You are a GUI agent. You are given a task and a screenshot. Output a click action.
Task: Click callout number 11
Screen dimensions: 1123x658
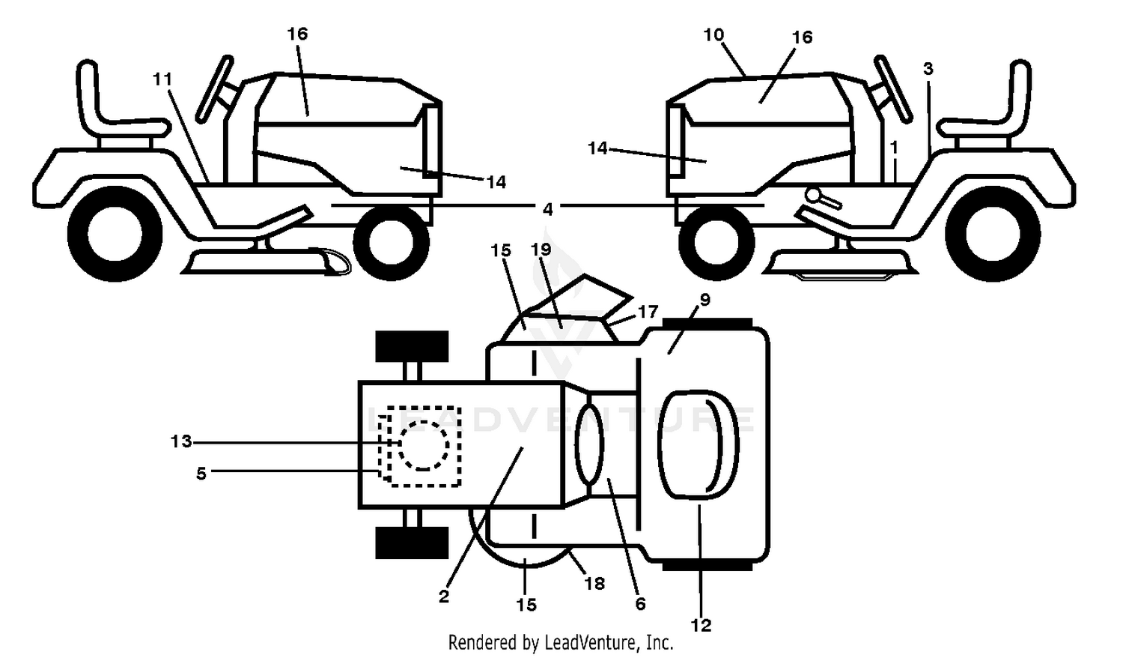coord(162,79)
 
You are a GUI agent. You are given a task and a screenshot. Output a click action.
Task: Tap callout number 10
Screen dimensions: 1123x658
coord(714,35)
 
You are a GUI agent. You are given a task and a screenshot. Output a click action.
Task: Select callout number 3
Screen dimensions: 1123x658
coord(928,69)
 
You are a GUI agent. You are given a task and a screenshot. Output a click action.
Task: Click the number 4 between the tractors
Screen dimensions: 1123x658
coord(547,209)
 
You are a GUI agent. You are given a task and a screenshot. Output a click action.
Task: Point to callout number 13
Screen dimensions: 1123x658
coord(181,441)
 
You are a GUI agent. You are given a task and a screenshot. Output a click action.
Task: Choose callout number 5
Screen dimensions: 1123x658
coord(201,474)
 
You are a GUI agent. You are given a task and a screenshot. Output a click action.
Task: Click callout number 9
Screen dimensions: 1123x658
coord(705,300)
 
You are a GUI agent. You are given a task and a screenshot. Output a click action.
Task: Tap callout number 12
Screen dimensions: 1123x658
coord(701,625)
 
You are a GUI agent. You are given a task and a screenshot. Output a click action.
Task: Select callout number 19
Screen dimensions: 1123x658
coord(541,250)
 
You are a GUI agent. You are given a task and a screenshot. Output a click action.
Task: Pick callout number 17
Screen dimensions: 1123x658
coord(648,313)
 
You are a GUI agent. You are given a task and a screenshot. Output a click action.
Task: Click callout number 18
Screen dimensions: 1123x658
coord(594,584)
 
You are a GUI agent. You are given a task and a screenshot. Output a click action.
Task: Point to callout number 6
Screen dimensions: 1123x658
coord(640,604)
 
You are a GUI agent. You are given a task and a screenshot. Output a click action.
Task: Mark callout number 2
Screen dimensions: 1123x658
coord(444,597)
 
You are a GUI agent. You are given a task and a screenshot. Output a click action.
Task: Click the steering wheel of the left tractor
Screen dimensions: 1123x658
coord(214,88)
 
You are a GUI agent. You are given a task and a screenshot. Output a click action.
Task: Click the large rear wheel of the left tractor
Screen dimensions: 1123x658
coord(115,234)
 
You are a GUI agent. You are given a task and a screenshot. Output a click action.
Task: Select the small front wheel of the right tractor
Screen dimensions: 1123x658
coord(716,242)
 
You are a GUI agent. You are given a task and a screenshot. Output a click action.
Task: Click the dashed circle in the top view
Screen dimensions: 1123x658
coord(424,444)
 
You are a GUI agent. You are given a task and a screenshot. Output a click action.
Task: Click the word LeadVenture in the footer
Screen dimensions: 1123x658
coord(588,642)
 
